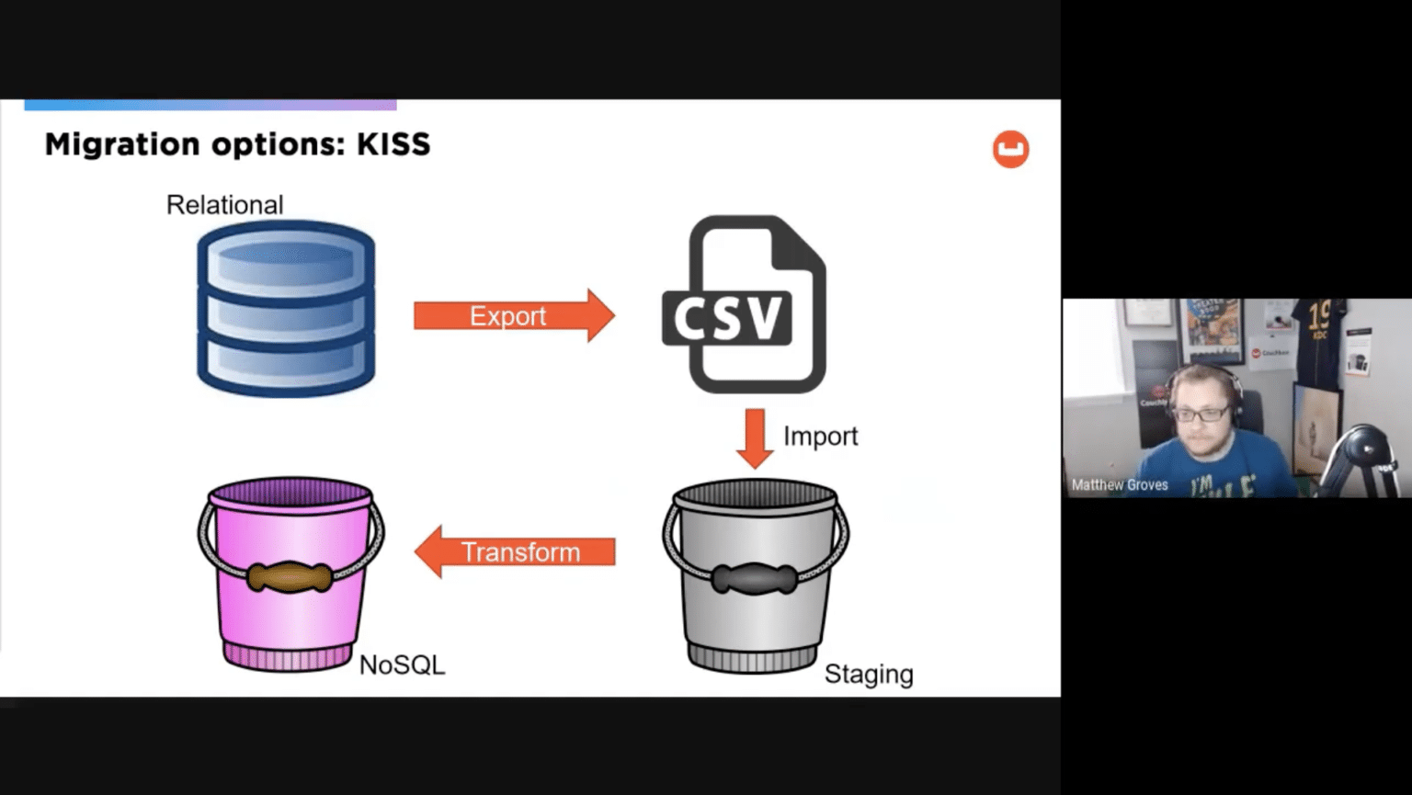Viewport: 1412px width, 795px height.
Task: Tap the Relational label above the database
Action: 224,205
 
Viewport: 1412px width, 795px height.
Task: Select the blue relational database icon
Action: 286,309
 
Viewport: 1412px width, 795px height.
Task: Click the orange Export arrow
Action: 513,315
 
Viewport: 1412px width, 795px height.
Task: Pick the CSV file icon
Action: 745,304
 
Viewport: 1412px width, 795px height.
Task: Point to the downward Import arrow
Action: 755,437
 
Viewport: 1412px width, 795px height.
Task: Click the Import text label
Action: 820,436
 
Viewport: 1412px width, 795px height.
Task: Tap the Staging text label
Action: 868,674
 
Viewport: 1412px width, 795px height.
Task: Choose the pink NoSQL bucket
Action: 290,574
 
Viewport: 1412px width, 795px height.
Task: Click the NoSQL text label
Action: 402,664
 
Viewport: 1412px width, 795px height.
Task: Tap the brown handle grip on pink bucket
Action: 290,576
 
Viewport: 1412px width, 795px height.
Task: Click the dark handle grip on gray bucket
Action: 755,580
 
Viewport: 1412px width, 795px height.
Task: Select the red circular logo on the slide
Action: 1010,149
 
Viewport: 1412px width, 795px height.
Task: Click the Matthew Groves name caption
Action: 1120,484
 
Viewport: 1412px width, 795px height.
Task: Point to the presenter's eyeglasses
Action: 1201,415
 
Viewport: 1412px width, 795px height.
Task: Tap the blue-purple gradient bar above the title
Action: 211,105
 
